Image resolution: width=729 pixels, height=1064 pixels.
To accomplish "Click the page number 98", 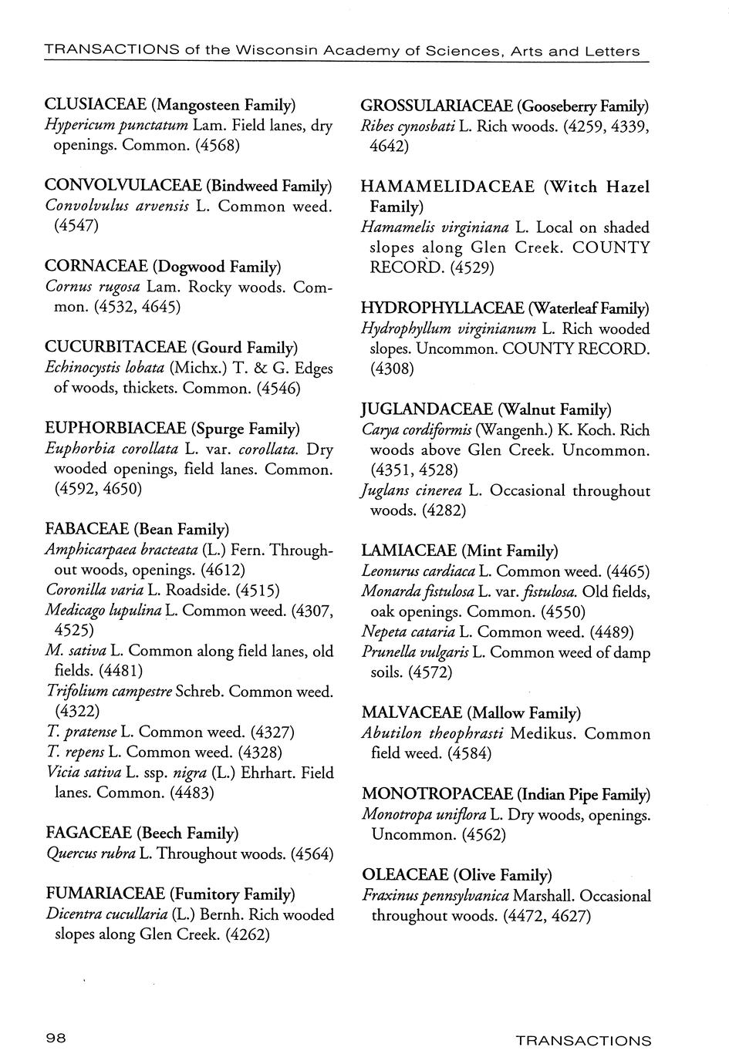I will tap(56, 1039).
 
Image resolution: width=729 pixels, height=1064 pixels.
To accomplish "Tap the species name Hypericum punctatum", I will tap(116, 125).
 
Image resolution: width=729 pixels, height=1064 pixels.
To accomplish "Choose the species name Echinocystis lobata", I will tap(105, 368).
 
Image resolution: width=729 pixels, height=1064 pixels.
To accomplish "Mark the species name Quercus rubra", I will tap(90, 854).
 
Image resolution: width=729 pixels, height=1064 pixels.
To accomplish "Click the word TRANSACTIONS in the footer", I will tap(583, 1041).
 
